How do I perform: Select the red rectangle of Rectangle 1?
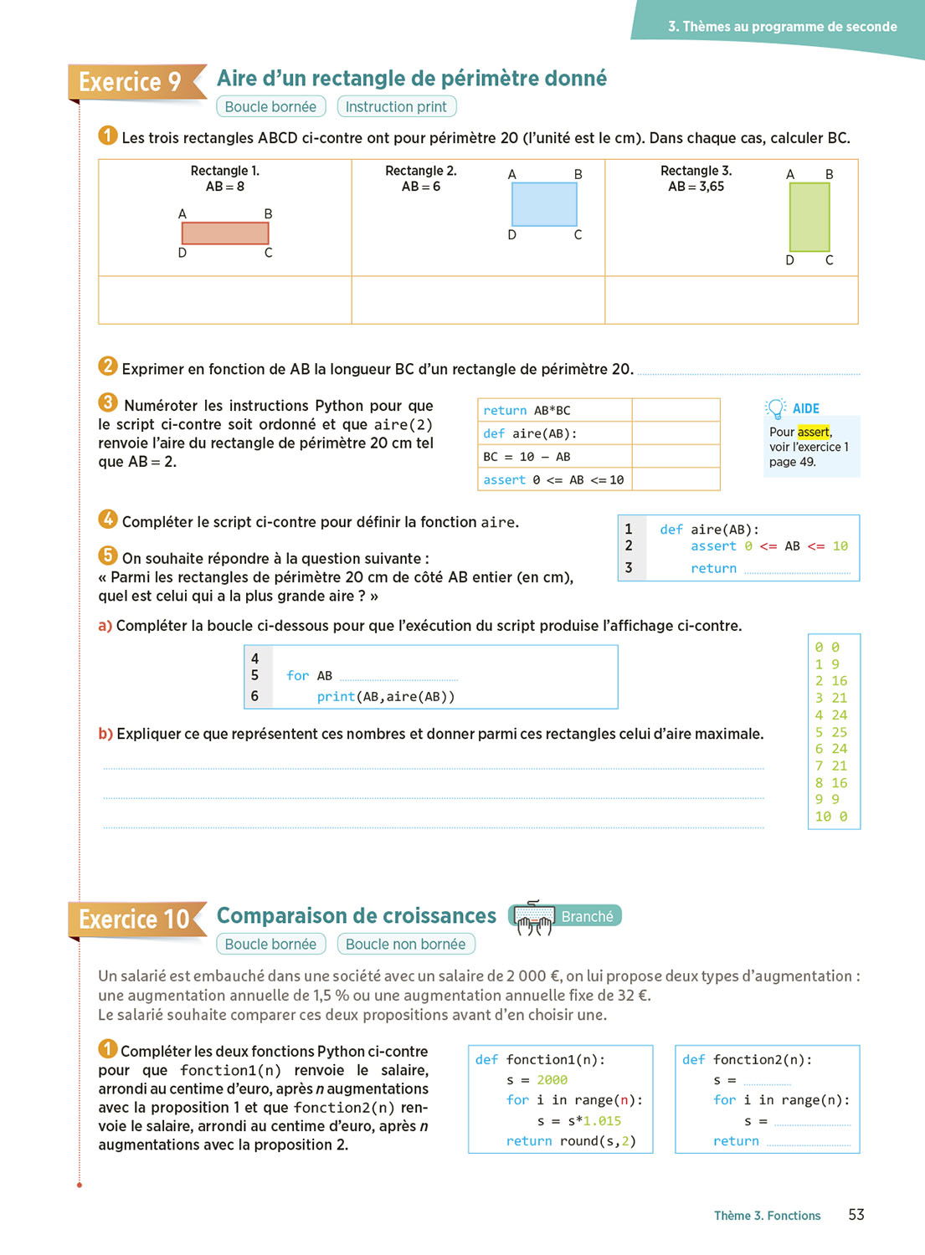pos(224,233)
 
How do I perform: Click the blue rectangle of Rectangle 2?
pos(544,204)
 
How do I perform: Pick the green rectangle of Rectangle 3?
pos(809,217)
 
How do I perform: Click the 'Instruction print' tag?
pos(396,107)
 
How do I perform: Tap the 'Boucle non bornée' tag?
pos(405,945)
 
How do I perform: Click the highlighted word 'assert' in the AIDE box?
pos(813,432)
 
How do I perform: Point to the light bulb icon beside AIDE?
pos(776,408)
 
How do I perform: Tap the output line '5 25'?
pos(831,732)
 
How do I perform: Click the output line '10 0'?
pos(831,817)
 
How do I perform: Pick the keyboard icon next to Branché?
pos(533,918)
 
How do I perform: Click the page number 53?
pos(856,1215)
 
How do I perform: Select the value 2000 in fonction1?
pos(552,1080)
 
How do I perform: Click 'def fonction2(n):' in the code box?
pos(747,1060)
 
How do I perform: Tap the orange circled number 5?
pos(108,556)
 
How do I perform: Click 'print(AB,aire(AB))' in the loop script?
pos(385,697)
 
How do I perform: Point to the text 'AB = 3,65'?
pos(696,187)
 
